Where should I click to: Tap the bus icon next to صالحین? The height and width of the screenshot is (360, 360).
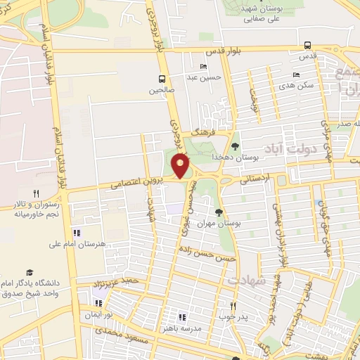(162, 78)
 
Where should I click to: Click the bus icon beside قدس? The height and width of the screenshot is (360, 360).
(306, 44)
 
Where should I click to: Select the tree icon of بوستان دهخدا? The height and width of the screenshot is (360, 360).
(235, 146)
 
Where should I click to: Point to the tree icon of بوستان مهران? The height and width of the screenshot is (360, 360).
(219, 212)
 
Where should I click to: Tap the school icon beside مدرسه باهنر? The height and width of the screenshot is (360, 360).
(183, 317)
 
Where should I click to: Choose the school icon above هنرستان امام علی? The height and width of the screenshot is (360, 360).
(77, 233)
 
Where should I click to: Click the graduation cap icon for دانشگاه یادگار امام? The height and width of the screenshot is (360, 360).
(30, 272)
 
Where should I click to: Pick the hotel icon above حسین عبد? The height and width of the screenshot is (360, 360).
(204, 67)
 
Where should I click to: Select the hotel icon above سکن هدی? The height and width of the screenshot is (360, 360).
(296, 75)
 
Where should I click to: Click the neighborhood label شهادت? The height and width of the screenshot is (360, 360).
(246, 280)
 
